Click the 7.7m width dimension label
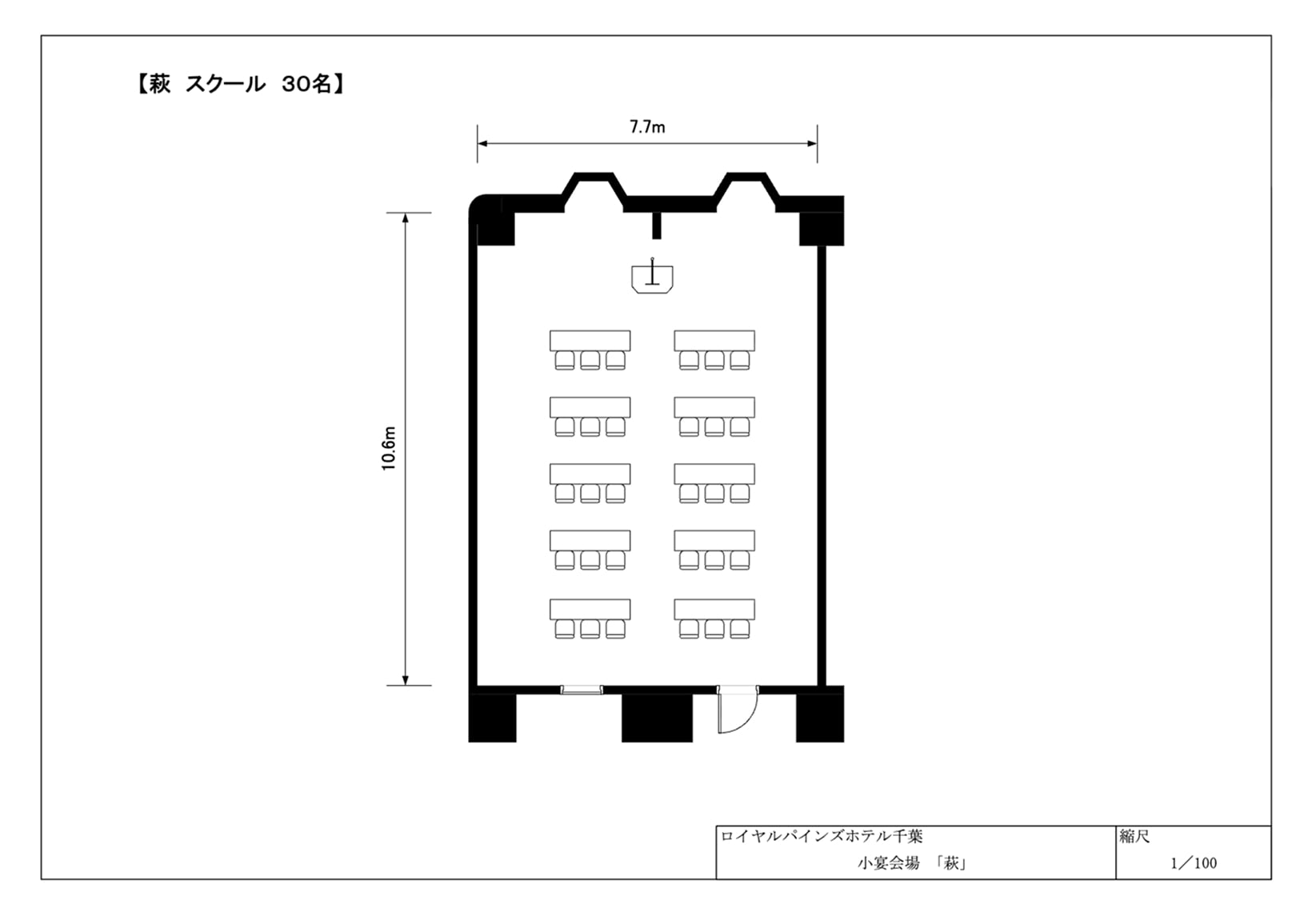[647, 127]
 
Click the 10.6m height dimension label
[389, 448]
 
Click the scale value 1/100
[1193, 863]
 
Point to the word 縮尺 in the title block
[1134, 836]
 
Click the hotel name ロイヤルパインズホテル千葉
[821, 836]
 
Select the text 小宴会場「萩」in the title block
[911, 863]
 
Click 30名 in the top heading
[306, 84]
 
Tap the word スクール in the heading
[226, 84]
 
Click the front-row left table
[590, 340]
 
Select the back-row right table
[714, 609]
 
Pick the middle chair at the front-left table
[590, 360]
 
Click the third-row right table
[714, 474]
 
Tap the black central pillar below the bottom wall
[657, 718]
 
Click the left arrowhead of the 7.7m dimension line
[482, 143]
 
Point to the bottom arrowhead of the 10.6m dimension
[406, 679]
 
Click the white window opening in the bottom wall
[582, 690]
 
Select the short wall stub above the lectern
[657, 226]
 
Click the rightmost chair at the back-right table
[740, 629]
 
